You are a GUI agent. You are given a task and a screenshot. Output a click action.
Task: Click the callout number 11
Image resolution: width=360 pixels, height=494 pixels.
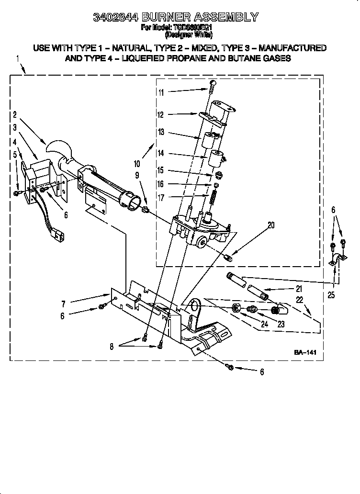click(161, 92)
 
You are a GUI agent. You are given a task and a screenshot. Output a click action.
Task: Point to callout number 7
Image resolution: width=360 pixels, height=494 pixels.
click(63, 303)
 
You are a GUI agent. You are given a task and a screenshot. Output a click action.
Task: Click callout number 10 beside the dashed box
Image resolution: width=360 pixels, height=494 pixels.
click(137, 163)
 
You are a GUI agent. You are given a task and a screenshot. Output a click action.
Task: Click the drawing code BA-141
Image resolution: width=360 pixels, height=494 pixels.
click(305, 352)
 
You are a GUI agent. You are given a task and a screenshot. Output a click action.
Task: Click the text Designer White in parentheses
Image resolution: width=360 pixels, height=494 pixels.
click(188, 35)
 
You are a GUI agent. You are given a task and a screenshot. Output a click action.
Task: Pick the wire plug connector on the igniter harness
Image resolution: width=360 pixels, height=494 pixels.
click(56, 235)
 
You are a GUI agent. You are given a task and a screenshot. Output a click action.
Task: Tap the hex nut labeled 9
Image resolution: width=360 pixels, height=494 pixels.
click(146, 210)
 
